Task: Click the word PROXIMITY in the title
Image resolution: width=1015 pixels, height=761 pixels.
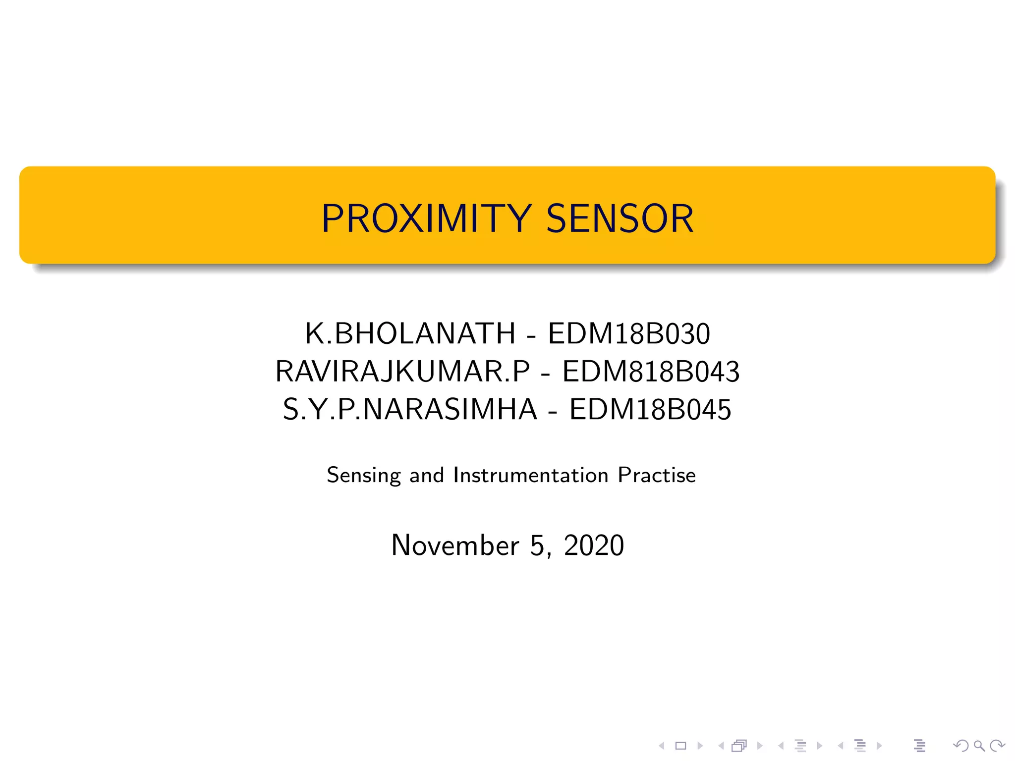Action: click(426, 218)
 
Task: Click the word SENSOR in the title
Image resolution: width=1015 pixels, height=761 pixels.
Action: click(620, 218)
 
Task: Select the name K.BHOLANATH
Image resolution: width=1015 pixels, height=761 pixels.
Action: click(410, 333)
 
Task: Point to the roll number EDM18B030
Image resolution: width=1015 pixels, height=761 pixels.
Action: click(629, 333)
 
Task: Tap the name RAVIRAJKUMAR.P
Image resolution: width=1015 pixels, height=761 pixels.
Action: click(402, 372)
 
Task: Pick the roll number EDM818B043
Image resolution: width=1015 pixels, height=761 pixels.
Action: click(651, 372)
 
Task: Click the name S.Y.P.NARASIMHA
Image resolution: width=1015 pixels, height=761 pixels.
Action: click(410, 410)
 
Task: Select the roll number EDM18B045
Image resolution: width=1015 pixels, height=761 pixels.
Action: click(650, 410)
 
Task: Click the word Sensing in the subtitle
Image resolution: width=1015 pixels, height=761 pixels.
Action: click(364, 476)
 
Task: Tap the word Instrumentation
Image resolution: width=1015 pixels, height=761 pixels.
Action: click(531, 475)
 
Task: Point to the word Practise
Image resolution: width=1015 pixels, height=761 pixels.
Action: click(657, 475)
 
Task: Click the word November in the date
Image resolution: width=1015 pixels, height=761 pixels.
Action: click(455, 545)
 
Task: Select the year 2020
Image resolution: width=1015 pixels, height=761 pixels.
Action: click(594, 545)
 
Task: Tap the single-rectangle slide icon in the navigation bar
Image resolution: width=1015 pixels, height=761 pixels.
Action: click(681, 746)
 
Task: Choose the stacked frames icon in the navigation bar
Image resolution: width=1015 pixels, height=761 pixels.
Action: click(739, 746)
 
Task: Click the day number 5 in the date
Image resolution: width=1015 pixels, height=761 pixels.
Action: click(537, 545)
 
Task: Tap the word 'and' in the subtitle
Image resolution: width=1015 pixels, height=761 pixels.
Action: click(426, 475)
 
